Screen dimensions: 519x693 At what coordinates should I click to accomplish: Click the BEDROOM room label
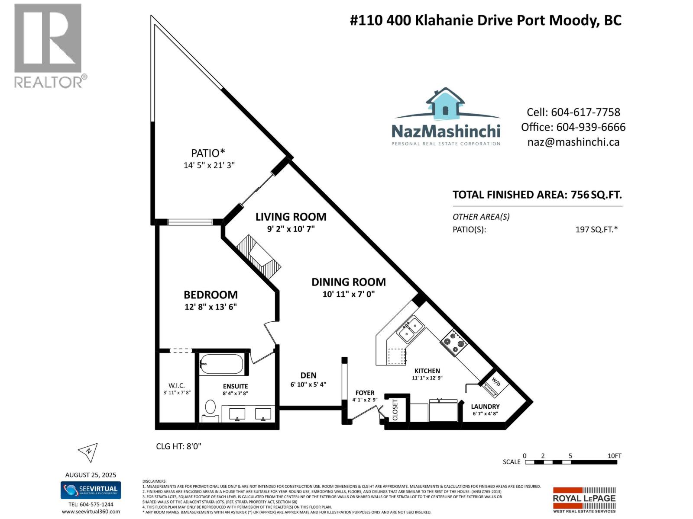coord(210,295)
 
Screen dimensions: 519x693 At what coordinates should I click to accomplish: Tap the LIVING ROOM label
coord(291,217)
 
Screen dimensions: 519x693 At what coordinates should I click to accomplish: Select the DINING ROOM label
coord(348,282)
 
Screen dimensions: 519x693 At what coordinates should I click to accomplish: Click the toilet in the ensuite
coord(210,408)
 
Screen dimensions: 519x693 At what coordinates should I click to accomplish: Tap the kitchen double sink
coord(409,330)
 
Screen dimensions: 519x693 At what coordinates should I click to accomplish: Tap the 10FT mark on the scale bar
coord(614,456)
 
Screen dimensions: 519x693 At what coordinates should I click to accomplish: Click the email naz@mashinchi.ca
coord(573,142)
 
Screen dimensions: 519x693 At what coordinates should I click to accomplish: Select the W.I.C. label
coord(177,385)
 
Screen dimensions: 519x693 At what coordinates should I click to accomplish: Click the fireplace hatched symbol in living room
coord(259,256)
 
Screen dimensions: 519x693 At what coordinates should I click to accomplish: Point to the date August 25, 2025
coord(91,475)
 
